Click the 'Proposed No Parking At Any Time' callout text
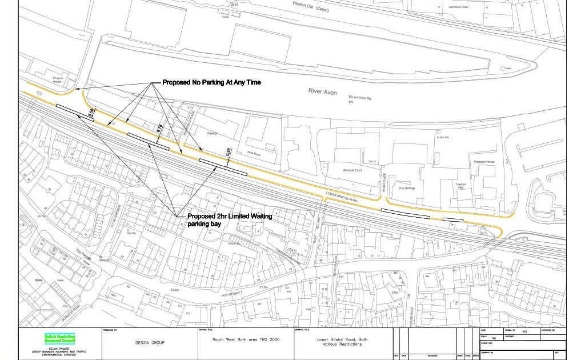[x=211, y=83]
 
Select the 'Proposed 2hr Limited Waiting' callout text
[x=230, y=217]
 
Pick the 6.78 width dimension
[x=159, y=130]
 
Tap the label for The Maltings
[x=407, y=188]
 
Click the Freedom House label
[x=484, y=162]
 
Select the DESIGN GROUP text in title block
[x=150, y=343]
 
